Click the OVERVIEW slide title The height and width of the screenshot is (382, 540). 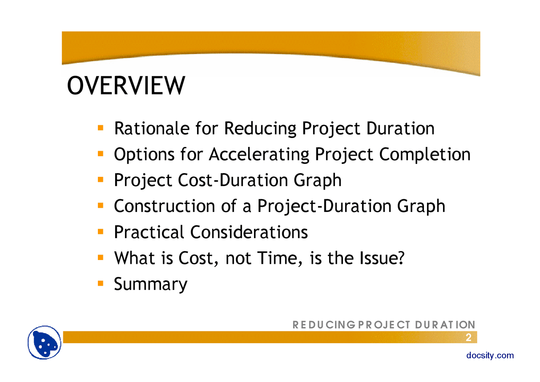[x=126, y=86]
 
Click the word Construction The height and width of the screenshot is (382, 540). [x=165, y=206]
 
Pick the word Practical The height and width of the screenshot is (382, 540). [x=149, y=232]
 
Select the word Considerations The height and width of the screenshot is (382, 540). [x=249, y=232]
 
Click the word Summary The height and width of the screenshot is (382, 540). [x=151, y=284]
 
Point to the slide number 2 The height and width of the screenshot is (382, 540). [x=468, y=338]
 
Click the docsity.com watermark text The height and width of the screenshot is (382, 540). [x=490, y=355]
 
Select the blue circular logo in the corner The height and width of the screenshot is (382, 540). [x=45, y=342]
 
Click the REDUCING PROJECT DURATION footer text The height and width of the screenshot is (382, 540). [x=384, y=325]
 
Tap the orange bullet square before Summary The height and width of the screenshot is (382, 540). [x=100, y=283]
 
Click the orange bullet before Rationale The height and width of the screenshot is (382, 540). [x=100, y=127]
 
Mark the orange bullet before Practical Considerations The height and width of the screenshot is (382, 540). [x=100, y=231]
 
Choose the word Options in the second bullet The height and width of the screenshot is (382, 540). [x=143, y=154]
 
